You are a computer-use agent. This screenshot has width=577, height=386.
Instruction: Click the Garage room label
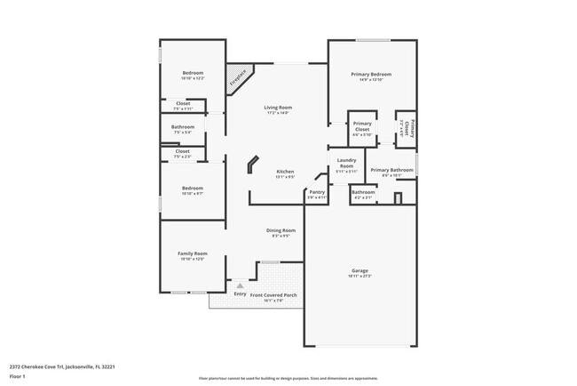click(x=360, y=270)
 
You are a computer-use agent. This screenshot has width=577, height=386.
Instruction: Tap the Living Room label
click(x=278, y=108)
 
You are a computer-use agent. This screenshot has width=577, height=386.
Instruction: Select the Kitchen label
click(x=285, y=172)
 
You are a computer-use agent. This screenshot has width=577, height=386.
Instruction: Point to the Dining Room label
click(x=281, y=230)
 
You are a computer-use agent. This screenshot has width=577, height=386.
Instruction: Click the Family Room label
click(x=192, y=253)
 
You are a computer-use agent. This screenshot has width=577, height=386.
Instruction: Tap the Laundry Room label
click(x=345, y=164)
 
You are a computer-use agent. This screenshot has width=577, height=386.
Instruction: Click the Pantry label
click(x=317, y=192)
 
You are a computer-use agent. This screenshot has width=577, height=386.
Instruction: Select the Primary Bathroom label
click(x=391, y=170)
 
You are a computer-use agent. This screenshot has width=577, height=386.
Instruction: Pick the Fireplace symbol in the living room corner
click(x=238, y=77)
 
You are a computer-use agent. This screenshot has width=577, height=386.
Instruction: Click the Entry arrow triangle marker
click(x=240, y=285)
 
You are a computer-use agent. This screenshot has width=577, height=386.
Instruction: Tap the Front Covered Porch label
click(x=273, y=294)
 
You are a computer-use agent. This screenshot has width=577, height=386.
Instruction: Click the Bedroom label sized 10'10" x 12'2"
click(x=193, y=73)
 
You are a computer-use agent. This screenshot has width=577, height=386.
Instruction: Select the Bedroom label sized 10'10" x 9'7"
click(x=193, y=188)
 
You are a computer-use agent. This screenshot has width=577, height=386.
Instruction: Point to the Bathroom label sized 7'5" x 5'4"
click(x=183, y=127)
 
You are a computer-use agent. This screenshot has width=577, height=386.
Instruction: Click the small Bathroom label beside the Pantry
click(x=362, y=192)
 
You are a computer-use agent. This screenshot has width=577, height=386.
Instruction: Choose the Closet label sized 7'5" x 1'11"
click(x=183, y=103)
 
